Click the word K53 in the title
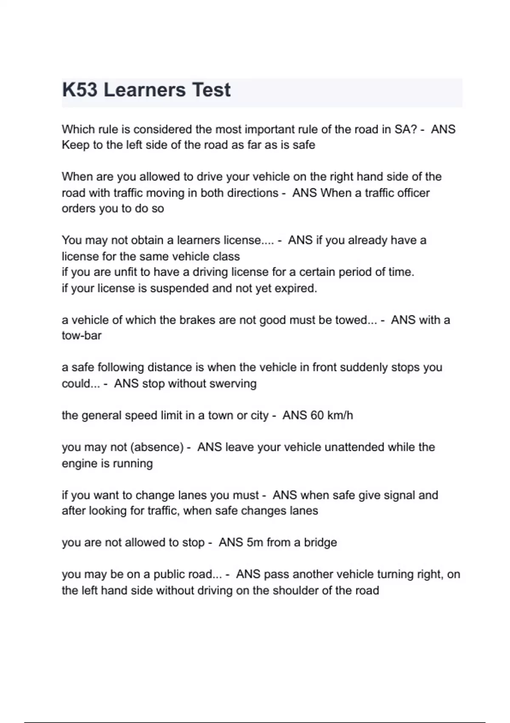click(79, 90)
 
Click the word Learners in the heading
click(144, 90)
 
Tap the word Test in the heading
click(211, 90)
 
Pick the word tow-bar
click(82, 336)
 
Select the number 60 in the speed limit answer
click(317, 415)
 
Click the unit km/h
click(340, 415)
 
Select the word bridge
click(320, 543)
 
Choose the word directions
click(252, 193)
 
